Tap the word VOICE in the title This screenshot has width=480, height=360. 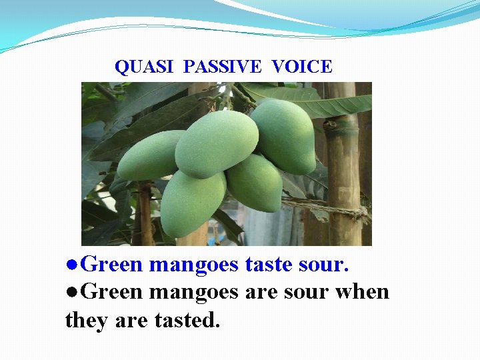coord(302,67)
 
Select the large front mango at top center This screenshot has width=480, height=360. coord(216,143)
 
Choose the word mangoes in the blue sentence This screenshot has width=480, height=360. coord(194,265)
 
